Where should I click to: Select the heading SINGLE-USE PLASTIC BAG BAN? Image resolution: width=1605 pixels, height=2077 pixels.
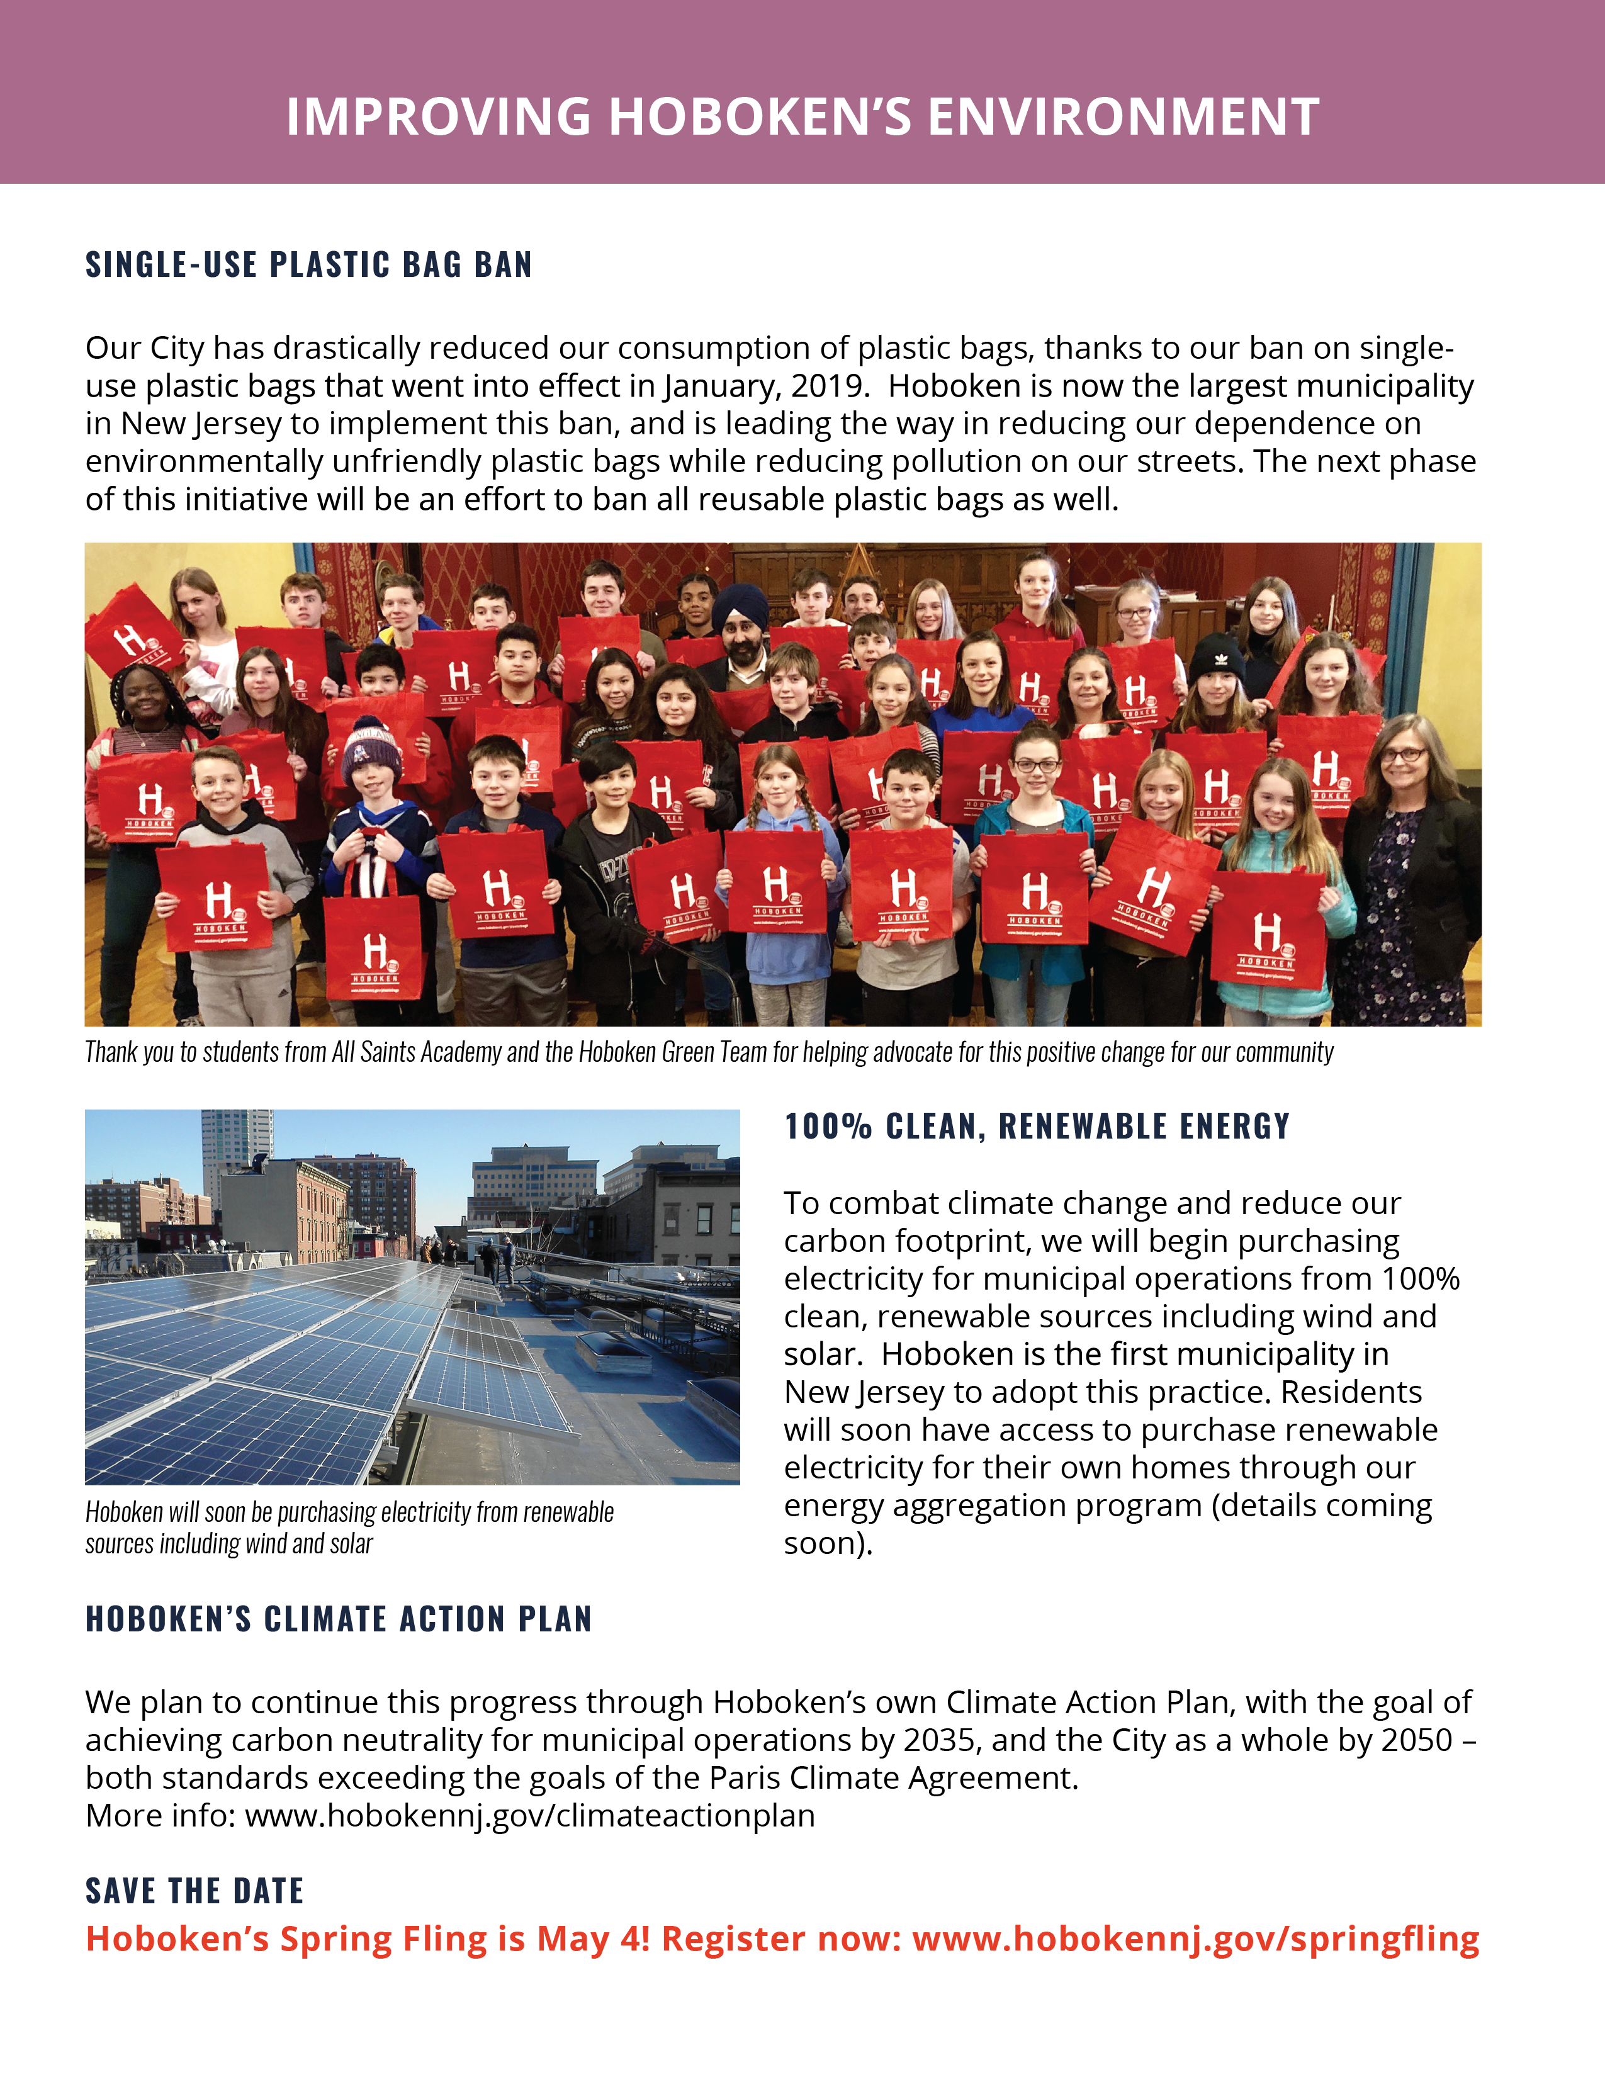(309, 264)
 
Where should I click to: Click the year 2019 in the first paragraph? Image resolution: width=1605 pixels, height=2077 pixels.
(827, 386)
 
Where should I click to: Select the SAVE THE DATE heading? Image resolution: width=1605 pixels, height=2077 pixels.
(195, 1891)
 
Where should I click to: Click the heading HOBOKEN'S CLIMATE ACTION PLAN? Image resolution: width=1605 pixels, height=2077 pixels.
(339, 1619)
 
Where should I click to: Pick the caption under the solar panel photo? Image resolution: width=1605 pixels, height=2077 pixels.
(349, 1528)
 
